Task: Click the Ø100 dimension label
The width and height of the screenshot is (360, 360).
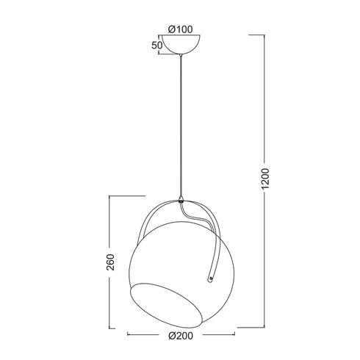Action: point(179,29)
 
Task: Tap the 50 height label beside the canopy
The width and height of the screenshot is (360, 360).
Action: point(156,46)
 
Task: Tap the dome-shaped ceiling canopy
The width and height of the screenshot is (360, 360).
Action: point(179,47)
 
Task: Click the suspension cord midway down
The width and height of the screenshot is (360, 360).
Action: point(179,125)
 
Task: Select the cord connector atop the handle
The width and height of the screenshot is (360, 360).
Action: point(180,198)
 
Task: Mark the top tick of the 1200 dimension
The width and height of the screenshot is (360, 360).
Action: point(257,35)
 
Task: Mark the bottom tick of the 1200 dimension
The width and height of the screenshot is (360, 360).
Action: point(257,327)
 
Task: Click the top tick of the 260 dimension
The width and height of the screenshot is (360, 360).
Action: point(125,196)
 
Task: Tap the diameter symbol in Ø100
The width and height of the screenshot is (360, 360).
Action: point(171,29)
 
